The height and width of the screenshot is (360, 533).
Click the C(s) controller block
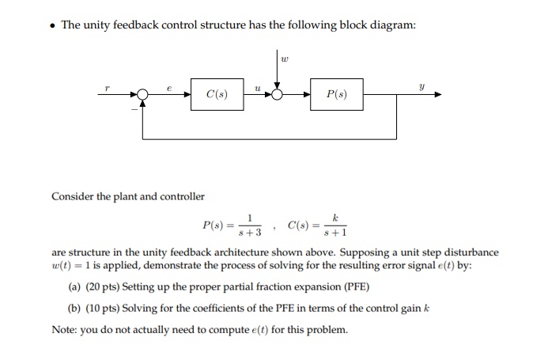coord(217,95)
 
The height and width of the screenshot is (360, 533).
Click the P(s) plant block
coord(336,95)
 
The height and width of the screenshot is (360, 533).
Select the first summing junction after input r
coord(142,95)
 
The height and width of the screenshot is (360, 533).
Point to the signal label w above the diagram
coord(285,56)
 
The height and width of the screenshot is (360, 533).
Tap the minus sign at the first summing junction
coord(134,106)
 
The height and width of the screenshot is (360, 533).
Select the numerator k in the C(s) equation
coord(336,217)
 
